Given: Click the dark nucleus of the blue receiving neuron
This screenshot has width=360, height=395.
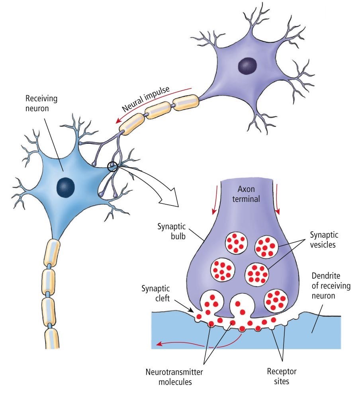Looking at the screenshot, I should click(x=65, y=186).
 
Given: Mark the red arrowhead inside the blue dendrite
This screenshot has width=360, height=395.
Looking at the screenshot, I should click(x=158, y=344).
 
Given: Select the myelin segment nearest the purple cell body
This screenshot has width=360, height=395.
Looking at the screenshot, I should click(x=187, y=102).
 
